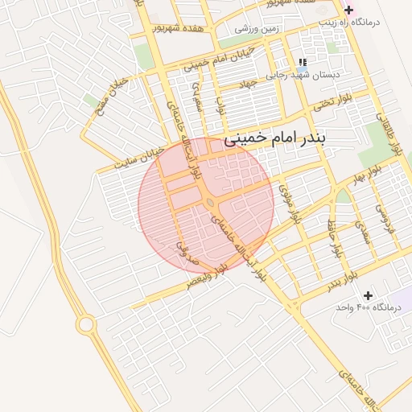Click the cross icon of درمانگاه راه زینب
click(348, 10)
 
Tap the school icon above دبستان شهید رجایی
click(303, 61)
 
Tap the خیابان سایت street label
click(139, 156)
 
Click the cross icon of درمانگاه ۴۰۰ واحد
click(369, 295)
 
